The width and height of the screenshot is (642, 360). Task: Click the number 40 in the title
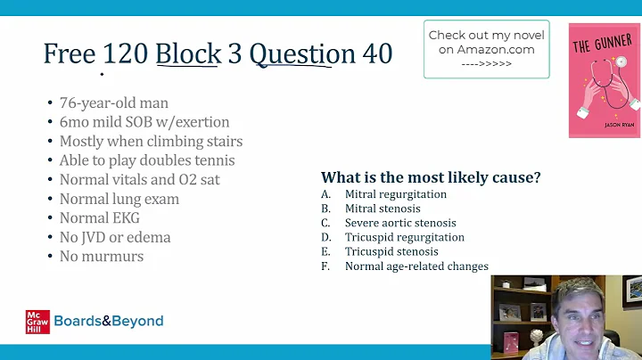point(376,53)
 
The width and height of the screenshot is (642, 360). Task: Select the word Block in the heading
point(188,53)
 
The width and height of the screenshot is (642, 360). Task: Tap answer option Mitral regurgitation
point(395,194)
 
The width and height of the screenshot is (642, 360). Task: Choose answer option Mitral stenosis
point(383,209)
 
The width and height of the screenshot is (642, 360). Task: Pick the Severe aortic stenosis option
point(399,223)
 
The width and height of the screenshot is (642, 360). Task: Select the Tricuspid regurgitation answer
point(404,237)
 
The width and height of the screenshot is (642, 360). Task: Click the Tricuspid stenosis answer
point(392,251)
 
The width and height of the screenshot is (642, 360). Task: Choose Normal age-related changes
point(416,266)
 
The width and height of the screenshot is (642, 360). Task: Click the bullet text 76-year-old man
point(113,102)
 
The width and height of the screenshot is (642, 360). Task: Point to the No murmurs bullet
point(101,257)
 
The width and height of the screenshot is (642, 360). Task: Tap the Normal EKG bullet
point(99,217)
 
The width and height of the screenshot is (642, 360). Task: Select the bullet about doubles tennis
point(147,160)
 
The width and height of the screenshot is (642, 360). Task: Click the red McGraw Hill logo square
point(37,322)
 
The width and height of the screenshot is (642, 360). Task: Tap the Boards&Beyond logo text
point(109,322)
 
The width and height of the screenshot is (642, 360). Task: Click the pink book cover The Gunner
point(604,80)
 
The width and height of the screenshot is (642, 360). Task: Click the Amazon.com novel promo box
point(486,50)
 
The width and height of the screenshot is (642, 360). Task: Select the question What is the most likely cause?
point(431,176)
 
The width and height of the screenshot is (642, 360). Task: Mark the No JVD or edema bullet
point(115,237)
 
